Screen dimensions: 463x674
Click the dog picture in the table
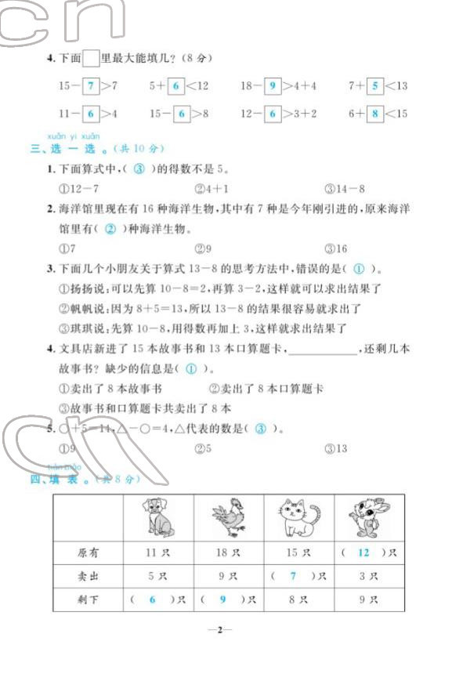tap(160, 518)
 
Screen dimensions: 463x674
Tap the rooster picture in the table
tap(229, 518)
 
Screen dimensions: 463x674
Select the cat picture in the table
tap(298, 517)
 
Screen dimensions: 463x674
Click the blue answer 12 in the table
tap(363, 553)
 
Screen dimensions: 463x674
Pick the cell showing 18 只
tap(228, 553)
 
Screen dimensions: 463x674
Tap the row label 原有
tap(89, 553)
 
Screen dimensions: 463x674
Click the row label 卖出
tap(89, 577)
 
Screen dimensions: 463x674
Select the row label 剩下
tap(89, 600)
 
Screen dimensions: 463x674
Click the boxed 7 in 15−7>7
tap(92, 86)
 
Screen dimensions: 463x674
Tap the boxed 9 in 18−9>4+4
tap(272, 86)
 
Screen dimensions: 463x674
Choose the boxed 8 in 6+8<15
tap(375, 114)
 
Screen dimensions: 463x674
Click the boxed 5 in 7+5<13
tap(374, 86)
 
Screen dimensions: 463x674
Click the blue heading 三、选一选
tap(67, 148)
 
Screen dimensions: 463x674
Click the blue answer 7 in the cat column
tap(294, 577)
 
